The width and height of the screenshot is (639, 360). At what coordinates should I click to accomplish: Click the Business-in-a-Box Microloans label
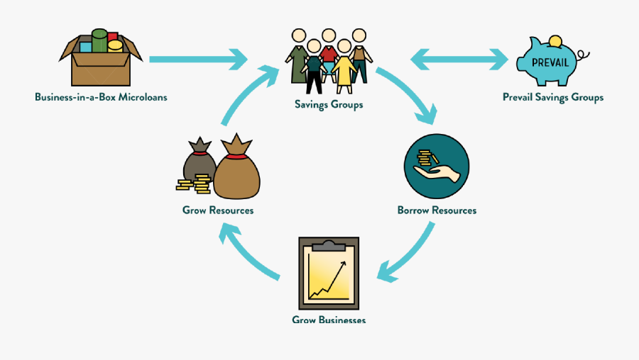click(x=101, y=97)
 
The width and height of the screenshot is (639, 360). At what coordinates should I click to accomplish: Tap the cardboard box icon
click(x=101, y=60)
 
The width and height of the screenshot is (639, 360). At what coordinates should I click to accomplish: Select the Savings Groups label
click(x=329, y=105)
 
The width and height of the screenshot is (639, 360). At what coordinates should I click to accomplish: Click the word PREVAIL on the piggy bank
click(x=550, y=62)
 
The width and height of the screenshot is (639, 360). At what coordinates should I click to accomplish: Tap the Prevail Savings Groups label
click(x=553, y=97)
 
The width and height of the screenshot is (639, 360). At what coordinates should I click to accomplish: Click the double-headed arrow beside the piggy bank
click(x=460, y=59)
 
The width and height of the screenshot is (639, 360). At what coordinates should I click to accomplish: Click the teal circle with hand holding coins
click(x=436, y=166)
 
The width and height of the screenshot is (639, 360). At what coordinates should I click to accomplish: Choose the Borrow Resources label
click(x=437, y=210)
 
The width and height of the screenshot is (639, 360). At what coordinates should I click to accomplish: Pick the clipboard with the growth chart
click(x=329, y=272)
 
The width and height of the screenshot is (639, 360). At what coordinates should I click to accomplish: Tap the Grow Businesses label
click(x=329, y=320)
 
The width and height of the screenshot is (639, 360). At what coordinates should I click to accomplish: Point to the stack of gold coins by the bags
click(x=194, y=186)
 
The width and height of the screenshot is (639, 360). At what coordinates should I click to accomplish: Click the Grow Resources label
click(x=218, y=210)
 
